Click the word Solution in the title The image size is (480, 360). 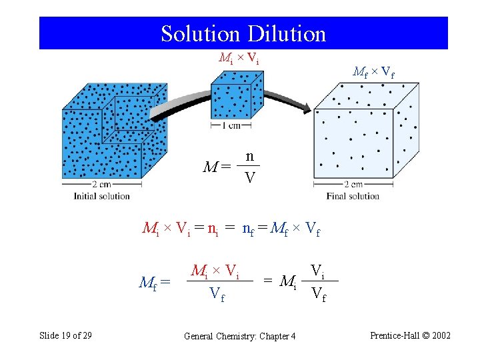pyautogui.click(x=201, y=33)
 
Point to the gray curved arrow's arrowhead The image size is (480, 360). pyautogui.click(x=303, y=107)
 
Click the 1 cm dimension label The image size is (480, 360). pyautogui.click(x=231, y=125)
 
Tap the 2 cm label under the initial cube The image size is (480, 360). pyautogui.click(x=101, y=185)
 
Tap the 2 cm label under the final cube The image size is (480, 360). pyautogui.click(x=353, y=185)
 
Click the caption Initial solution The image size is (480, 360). pyautogui.click(x=101, y=196)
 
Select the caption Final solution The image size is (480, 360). pyautogui.click(x=353, y=196)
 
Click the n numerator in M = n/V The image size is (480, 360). pyautogui.click(x=249, y=156)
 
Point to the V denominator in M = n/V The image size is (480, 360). pyautogui.click(x=249, y=177)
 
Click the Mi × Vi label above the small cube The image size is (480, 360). pyautogui.click(x=239, y=57)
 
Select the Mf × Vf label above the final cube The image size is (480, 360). pyautogui.click(x=373, y=72)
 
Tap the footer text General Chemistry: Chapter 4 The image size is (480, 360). pyautogui.click(x=239, y=336)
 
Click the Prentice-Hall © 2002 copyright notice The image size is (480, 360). pyautogui.click(x=409, y=335)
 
